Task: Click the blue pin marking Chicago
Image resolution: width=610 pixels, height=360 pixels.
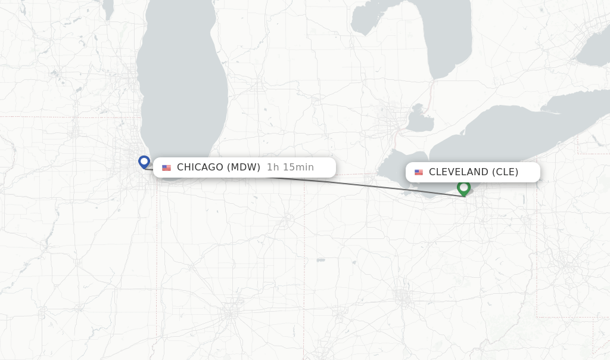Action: click(144, 162)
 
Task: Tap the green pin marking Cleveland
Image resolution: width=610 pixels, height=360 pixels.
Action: click(463, 188)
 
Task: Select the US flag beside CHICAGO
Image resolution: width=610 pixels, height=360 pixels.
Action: click(166, 167)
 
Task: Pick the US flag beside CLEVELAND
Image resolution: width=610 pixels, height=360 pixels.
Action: click(419, 172)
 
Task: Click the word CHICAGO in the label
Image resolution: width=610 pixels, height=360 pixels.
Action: click(200, 167)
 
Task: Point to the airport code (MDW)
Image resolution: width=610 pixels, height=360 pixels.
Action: click(244, 167)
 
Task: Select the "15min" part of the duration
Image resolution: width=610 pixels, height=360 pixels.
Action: click(297, 167)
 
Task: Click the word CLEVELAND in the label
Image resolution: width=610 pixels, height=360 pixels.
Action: click(458, 172)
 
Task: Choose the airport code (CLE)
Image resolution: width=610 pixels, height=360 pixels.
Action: click(505, 172)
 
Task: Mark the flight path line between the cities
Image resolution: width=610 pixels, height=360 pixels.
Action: click(369, 184)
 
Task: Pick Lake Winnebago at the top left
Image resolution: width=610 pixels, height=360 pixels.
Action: click(108, 8)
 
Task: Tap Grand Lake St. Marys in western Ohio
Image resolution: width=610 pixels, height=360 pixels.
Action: click(321, 260)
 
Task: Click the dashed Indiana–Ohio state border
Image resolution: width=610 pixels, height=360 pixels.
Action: click(305, 238)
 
